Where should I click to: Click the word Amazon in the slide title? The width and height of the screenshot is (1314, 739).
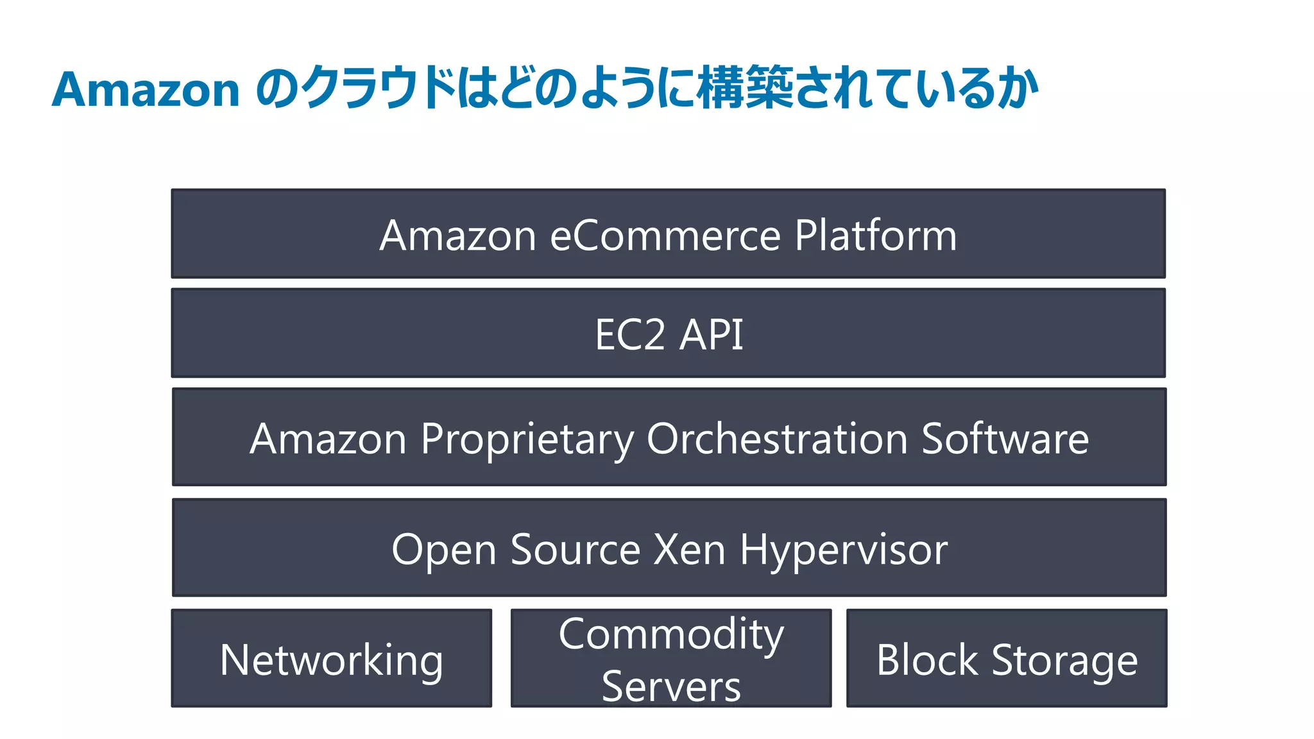coord(146,90)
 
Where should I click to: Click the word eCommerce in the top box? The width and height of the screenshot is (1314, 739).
coord(665,235)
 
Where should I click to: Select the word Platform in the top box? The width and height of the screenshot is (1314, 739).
coord(876,235)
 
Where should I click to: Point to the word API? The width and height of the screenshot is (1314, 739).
coord(711,335)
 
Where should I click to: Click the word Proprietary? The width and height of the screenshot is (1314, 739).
coord(527,440)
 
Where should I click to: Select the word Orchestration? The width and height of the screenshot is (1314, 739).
coord(776,439)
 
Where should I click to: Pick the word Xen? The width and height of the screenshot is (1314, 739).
coord(688,550)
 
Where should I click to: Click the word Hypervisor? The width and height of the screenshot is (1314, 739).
coord(843,550)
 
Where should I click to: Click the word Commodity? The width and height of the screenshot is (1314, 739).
coord(671,634)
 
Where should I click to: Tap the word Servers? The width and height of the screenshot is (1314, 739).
coord(671,686)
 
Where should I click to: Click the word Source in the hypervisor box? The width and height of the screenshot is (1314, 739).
coord(575,550)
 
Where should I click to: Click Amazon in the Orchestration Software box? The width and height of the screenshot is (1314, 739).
coord(328,439)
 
